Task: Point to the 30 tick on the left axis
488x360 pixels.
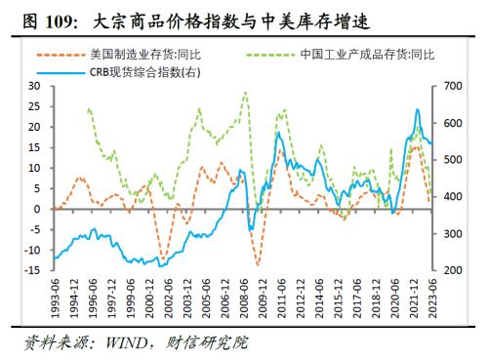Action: click(36, 86)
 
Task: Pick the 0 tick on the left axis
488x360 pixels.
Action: click(39, 210)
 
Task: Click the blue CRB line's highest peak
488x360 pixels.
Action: click(418, 109)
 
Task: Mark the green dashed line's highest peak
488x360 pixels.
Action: click(244, 93)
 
